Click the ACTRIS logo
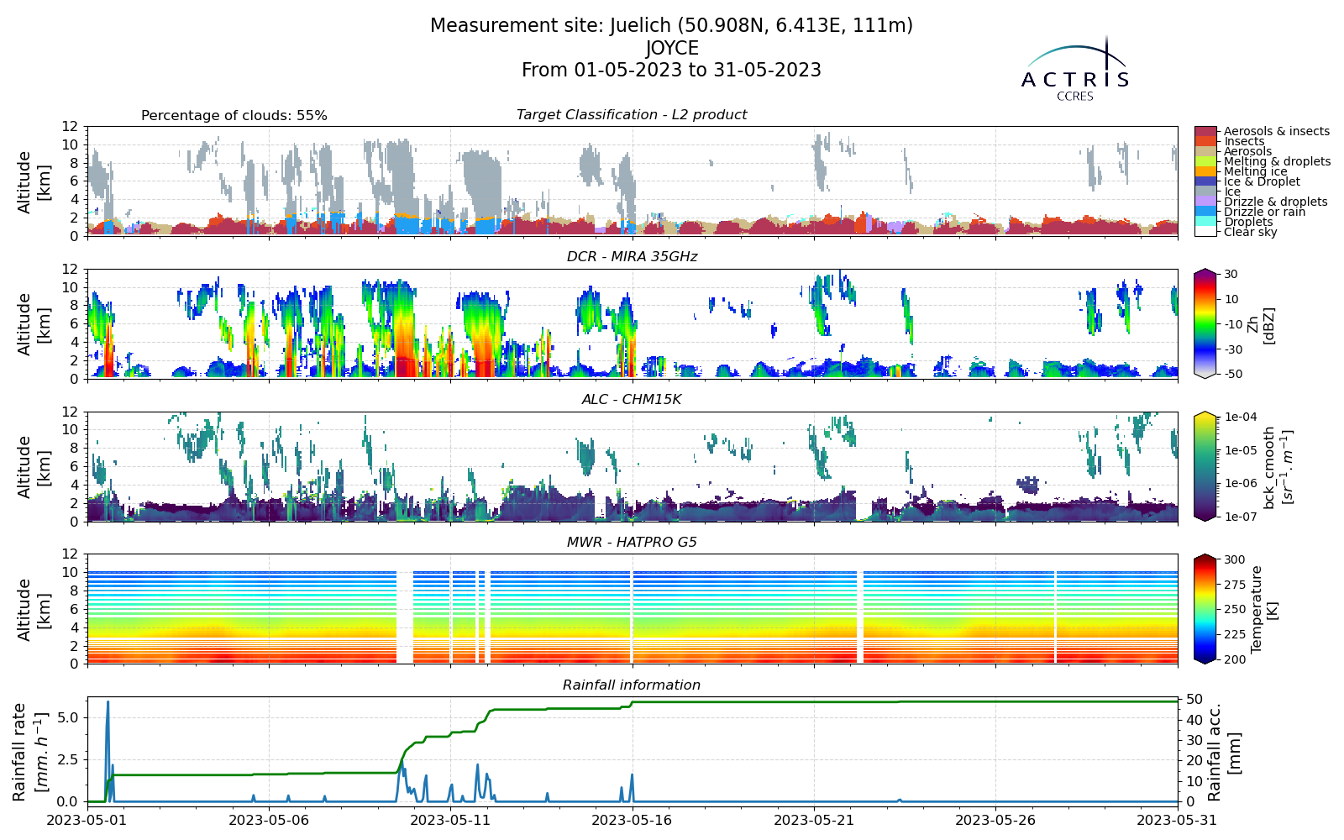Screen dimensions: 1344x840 point(1074,69)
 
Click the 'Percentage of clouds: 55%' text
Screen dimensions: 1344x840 point(234,116)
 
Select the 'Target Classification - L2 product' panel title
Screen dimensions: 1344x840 point(632,114)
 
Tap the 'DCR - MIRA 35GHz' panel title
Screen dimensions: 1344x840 point(632,257)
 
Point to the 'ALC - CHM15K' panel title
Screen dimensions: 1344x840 point(632,400)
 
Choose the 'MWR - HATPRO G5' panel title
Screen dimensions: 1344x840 point(632,543)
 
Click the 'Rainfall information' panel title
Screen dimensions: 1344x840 point(632,685)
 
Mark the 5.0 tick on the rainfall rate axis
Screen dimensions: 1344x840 point(71,717)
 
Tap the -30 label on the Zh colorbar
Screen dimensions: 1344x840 point(1231,349)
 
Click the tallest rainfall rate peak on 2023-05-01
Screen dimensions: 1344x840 point(108,701)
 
